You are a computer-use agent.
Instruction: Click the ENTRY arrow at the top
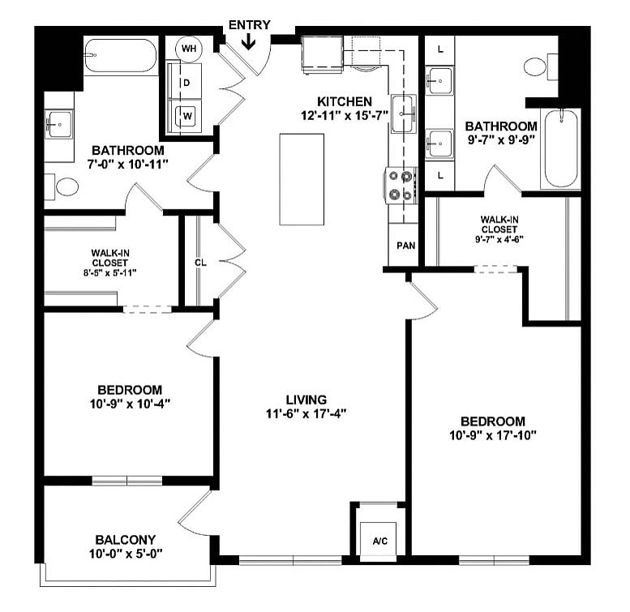249,41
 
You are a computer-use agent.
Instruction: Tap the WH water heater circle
189,49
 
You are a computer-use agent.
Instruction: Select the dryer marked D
186,83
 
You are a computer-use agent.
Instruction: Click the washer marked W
186,115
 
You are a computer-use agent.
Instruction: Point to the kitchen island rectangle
302,179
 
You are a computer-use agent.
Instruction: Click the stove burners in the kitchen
401,184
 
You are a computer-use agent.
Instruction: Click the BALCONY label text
125,539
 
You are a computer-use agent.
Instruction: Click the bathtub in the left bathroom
120,56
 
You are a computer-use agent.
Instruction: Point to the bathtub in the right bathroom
561,148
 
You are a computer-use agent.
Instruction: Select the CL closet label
199,263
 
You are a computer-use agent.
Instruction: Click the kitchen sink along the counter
403,113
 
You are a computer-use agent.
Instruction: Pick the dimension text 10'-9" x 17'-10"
493,434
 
